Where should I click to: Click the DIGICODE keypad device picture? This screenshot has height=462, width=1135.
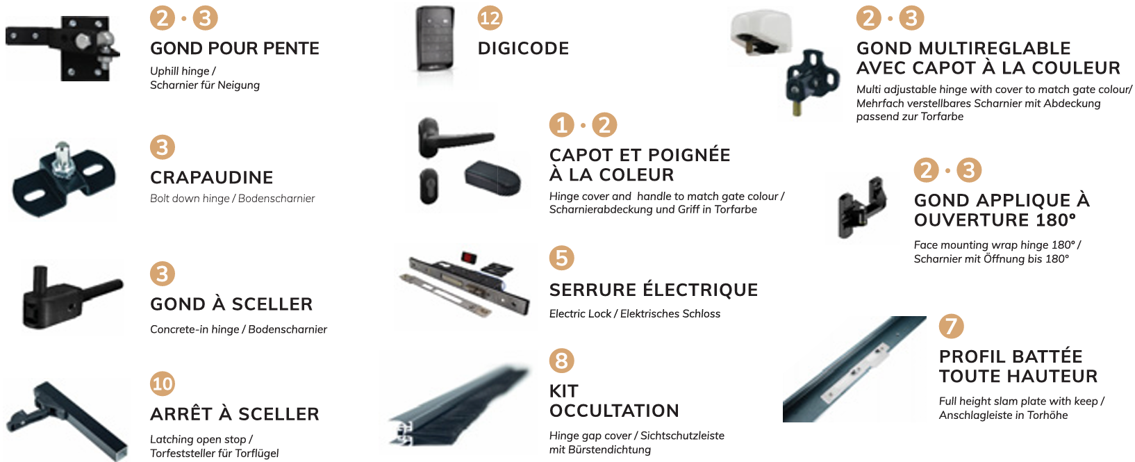coord(436,38)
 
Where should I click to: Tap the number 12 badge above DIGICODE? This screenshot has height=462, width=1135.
coord(490,18)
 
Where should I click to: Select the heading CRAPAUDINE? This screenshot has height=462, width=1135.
coord(211,177)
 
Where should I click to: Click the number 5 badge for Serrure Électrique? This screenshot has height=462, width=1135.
coord(561,258)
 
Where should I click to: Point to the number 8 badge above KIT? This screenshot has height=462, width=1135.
coord(561,361)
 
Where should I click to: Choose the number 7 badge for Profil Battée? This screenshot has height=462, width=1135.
coord(951,327)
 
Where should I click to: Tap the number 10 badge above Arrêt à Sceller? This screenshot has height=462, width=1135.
coord(163,383)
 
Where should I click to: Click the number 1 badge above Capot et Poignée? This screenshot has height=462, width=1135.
coord(561,124)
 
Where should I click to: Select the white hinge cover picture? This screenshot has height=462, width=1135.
coord(761,31)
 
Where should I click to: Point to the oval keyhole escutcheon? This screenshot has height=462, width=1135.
coord(429,186)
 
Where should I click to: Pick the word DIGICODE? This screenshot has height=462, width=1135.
coord(524,48)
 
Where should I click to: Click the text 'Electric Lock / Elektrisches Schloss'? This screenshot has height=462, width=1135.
coord(634,313)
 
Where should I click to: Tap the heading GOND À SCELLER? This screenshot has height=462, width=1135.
coord(231,304)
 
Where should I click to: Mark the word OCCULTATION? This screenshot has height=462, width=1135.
coord(614,411)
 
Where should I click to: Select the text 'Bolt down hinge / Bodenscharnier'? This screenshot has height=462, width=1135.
coord(232,198)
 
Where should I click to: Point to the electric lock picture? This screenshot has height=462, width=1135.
coord(465,286)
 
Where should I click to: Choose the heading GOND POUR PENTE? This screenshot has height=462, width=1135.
coord(235,48)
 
